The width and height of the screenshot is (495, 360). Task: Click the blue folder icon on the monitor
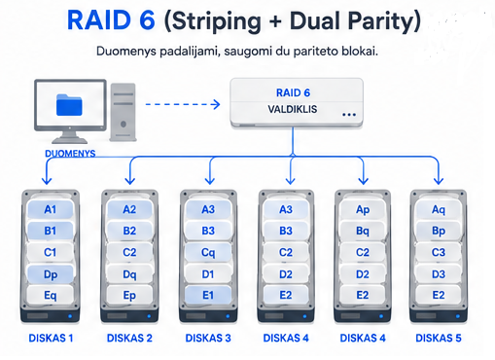[x=69, y=105]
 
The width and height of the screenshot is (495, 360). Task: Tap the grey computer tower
[x=123, y=112]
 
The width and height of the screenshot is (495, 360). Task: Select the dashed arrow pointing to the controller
[x=183, y=104]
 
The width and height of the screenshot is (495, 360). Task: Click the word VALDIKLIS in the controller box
[x=293, y=109]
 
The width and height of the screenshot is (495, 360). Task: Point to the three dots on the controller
[x=349, y=115]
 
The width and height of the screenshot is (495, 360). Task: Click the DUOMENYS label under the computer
[x=70, y=154]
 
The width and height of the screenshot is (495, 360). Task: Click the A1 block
[x=51, y=209]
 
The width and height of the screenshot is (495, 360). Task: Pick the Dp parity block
[x=51, y=274]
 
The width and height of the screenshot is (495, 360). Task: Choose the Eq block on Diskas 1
[x=51, y=296]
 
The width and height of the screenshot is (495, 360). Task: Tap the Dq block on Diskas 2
[x=129, y=274]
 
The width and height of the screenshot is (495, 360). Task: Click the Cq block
[x=208, y=252]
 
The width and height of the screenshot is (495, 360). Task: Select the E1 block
[x=208, y=296]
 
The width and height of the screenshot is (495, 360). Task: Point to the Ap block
[x=363, y=209]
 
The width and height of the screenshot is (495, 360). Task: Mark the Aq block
[x=439, y=209]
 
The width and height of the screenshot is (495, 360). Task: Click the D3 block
[x=439, y=274]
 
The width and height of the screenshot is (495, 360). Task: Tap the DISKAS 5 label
[x=439, y=338]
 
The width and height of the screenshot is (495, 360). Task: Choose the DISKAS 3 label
[x=208, y=338]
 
